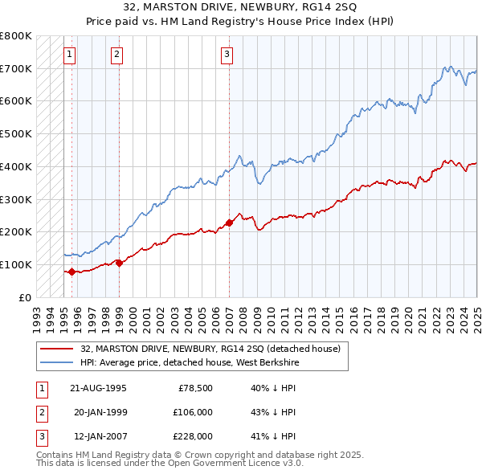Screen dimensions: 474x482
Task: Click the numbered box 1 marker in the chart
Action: pos(70,55)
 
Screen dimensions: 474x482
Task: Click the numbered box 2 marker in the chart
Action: pos(117,55)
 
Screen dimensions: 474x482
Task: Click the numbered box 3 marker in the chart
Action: pos(227,55)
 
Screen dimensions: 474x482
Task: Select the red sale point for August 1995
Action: pos(71,272)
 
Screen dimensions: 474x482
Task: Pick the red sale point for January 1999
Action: pos(119,263)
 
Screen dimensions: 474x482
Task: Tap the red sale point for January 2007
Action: pos(229,223)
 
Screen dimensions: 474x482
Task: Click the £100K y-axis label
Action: pos(16,264)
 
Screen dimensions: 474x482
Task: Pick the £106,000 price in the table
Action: pos(193,412)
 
